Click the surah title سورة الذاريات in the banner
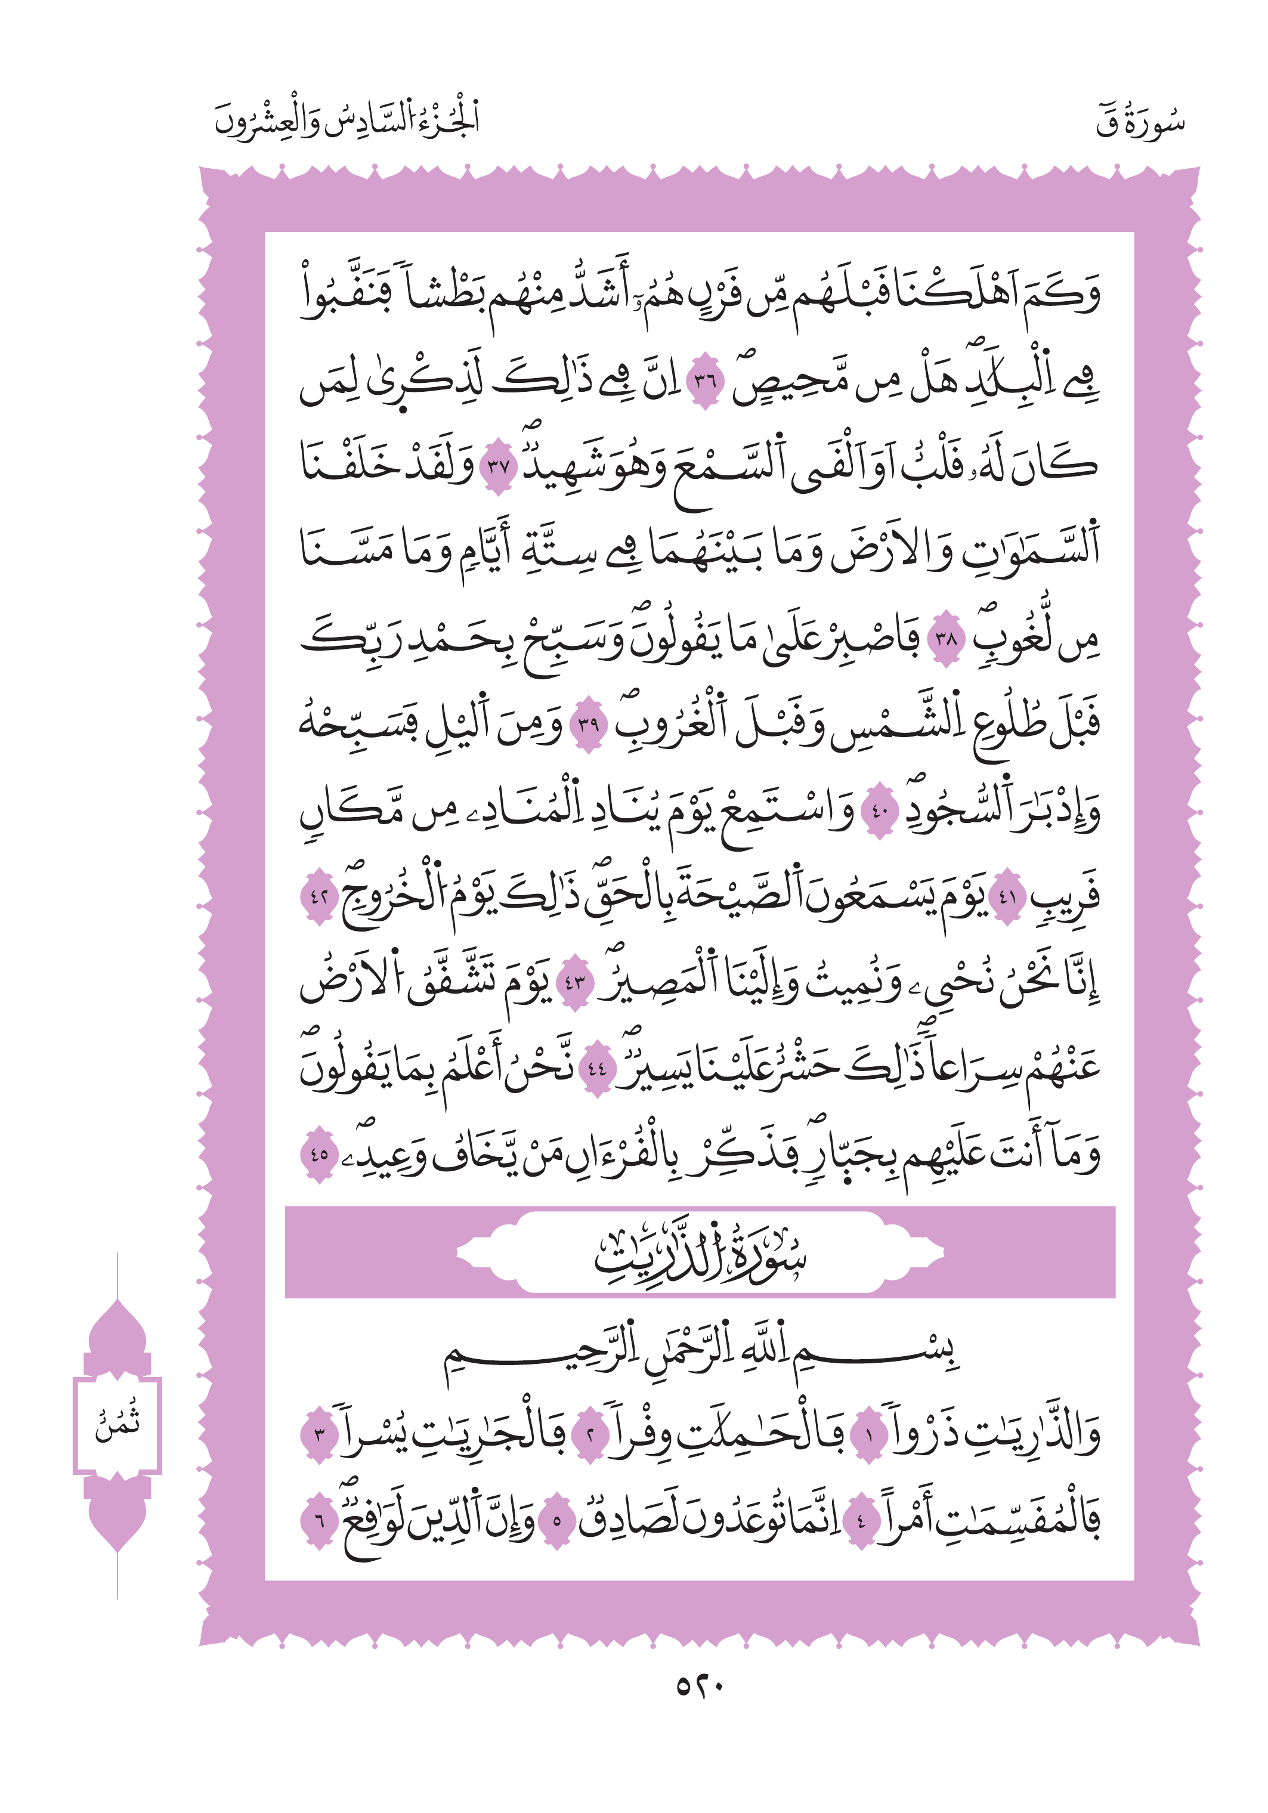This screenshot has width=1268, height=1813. click(x=700, y=1255)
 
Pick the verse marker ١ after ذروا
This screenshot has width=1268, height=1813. click(x=867, y=1435)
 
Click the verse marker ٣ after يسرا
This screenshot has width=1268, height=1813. click(x=319, y=1435)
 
